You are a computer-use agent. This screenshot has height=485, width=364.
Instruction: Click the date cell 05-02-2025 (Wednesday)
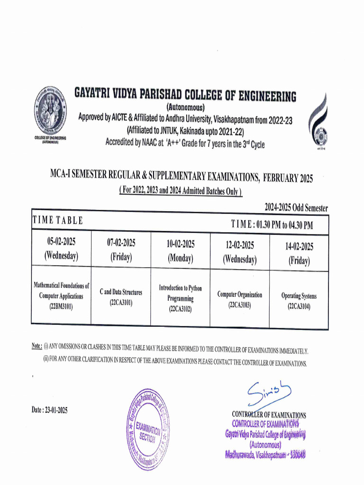coord(61,250)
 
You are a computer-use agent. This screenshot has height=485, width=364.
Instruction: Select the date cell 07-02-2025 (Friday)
coord(121,250)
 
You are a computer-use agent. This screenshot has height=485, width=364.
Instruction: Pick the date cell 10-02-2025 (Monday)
coord(180,251)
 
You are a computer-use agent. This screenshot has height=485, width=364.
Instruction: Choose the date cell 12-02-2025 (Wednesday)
coord(239,252)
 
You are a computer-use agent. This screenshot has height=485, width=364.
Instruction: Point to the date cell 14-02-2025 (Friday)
coord(299,253)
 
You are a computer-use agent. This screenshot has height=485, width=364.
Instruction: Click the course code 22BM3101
coord(61,306)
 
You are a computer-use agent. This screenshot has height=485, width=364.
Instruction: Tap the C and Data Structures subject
coord(120,293)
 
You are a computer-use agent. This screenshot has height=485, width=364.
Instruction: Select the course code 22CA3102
coord(180,309)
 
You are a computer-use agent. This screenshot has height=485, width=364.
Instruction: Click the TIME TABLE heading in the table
coord(58,220)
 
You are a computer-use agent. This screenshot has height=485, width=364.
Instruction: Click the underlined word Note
coord(37,347)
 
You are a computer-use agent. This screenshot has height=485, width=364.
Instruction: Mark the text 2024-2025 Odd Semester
coord(296,208)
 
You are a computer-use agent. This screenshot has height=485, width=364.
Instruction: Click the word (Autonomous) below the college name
coord(185,107)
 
